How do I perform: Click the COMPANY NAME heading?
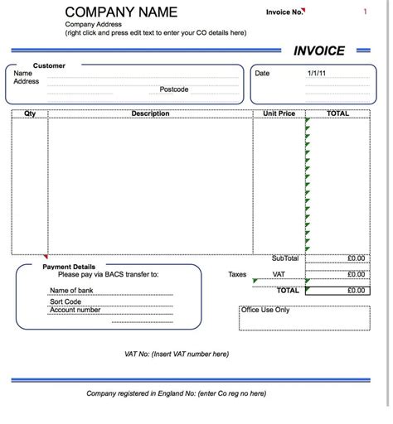point(121,12)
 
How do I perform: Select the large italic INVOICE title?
point(318,51)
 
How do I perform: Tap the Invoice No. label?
point(284,12)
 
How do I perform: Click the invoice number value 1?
point(365,12)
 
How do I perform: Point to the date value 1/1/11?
point(317,73)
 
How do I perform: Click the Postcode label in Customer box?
point(174,89)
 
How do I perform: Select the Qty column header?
point(30,113)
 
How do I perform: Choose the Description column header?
point(150,113)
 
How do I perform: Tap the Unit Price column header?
point(279,113)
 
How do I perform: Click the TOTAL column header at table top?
point(337,113)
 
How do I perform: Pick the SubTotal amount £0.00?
point(356,258)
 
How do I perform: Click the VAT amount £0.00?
point(356,274)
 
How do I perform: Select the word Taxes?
point(238,274)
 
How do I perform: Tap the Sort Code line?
point(65,301)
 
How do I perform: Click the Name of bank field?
point(71,290)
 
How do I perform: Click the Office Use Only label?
point(265,310)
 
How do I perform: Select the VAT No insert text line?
point(176,354)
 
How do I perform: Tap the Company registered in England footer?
point(176,393)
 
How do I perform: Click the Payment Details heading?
point(69,267)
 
